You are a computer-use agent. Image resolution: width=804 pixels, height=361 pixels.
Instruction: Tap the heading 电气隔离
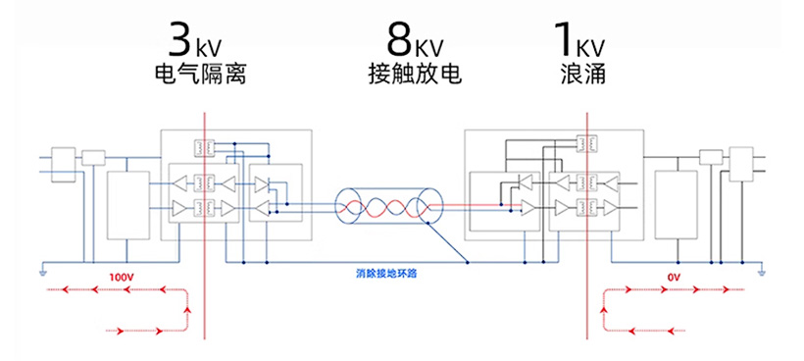click(x=200, y=75)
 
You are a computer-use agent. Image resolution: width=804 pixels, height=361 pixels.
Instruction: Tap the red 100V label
click(x=121, y=278)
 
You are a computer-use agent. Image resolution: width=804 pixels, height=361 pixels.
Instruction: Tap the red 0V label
click(x=673, y=278)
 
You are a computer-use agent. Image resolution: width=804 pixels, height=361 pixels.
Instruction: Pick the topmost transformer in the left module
click(x=206, y=148)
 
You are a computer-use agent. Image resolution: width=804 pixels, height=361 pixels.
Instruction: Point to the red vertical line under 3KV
click(x=204, y=226)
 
